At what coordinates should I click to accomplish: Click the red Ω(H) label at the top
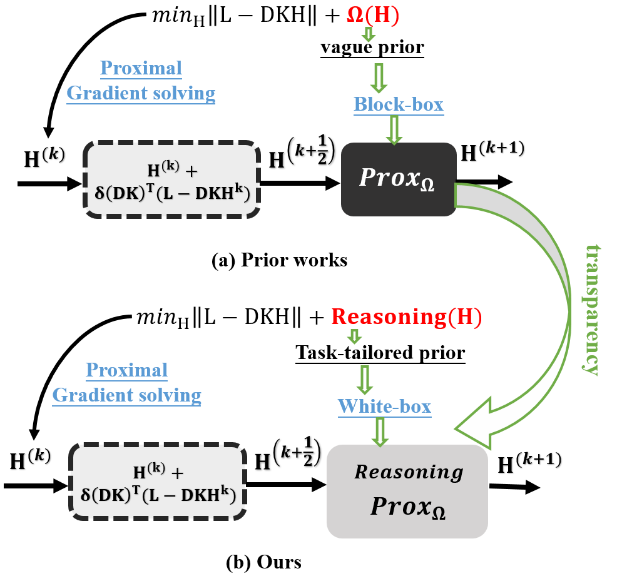coord(373,16)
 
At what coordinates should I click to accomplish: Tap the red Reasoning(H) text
coord(406,317)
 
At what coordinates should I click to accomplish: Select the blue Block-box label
coord(399,104)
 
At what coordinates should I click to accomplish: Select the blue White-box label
coord(384,407)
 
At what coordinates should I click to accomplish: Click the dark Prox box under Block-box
coord(399,179)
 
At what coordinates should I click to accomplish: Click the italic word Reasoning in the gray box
coord(409,472)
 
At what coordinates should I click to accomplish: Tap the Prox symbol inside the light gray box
coord(407,507)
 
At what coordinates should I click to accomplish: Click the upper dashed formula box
coord(172,179)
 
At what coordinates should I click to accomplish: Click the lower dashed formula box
coord(158,482)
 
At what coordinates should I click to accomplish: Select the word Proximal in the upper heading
coord(141,68)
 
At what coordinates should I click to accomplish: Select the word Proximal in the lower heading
coord(126,370)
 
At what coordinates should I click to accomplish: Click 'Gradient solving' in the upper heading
coord(141,93)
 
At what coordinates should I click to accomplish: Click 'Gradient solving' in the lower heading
coord(126,395)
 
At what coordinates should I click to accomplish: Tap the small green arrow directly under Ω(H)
coord(369,34)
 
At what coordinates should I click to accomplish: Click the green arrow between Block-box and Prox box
coord(394,129)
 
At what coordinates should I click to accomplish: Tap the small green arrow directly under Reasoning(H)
coord(354,336)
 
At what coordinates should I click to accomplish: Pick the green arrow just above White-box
coord(364,379)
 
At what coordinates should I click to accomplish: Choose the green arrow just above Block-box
coord(379,77)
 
